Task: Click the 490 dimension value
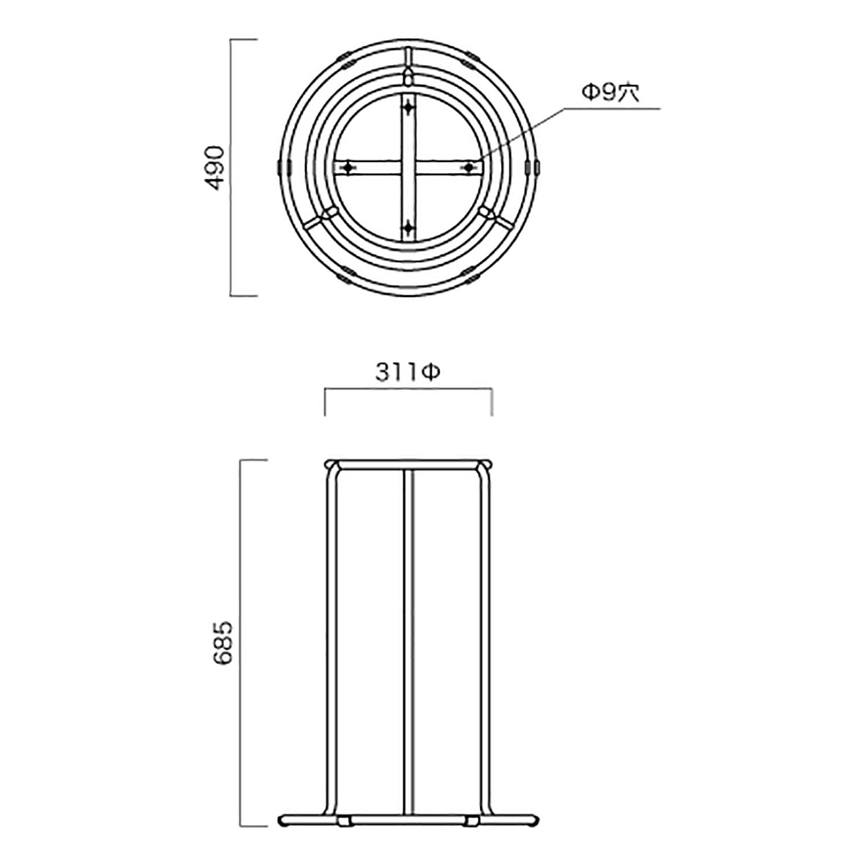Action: [215, 168]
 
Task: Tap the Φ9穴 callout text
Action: [610, 93]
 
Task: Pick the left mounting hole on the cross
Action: [348, 167]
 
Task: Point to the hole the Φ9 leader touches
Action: [469, 167]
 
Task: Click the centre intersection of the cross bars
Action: [409, 167]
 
